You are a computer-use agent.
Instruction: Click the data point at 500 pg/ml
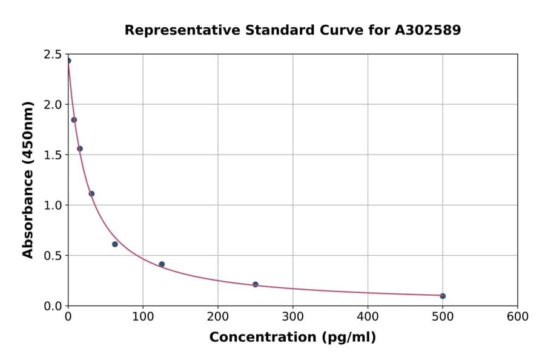pyautogui.click(x=443, y=296)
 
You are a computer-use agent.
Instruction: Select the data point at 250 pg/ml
pyautogui.click(x=256, y=284)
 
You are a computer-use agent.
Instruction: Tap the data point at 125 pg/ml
pyautogui.click(x=162, y=264)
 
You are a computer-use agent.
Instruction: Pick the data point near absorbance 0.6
pyautogui.click(x=115, y=244)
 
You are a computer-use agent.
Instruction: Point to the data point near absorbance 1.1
pyautogui.click(x=91, y=194)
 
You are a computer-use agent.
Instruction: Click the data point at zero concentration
pyautogui.click(x=68, y=61)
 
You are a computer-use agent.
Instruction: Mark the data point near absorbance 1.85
pyautogui.click(x=74, y=120)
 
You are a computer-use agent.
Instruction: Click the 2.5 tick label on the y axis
pyautogui.click(x=53, y=55)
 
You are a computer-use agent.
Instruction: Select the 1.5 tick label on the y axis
pyautogui.click(x=53, y=155)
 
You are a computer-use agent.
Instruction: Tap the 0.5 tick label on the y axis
pyautogui.click(x=53, y=256)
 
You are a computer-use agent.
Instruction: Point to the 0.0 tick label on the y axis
pyautogui.click(x=53, y=306)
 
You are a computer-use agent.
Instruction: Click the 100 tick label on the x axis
pyautogui.click(x=143, y=317)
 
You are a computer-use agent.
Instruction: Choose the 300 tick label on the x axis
pyautogui.click(x=293, y=317)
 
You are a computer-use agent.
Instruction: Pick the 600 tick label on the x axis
pyautogui.click(x=518, y=317)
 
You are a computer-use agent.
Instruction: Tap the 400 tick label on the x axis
pyautogui.click(x=368, y=317)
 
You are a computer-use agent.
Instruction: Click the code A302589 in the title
pyautogui.click(x=428, y=30)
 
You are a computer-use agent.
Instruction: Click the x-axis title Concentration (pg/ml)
pyautogui.click(x=292, y=338)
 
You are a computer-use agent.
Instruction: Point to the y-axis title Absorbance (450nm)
pyautogui.click(x=28, y=180)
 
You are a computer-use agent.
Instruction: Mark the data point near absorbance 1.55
pyautogui.click(x=80, y=148)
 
